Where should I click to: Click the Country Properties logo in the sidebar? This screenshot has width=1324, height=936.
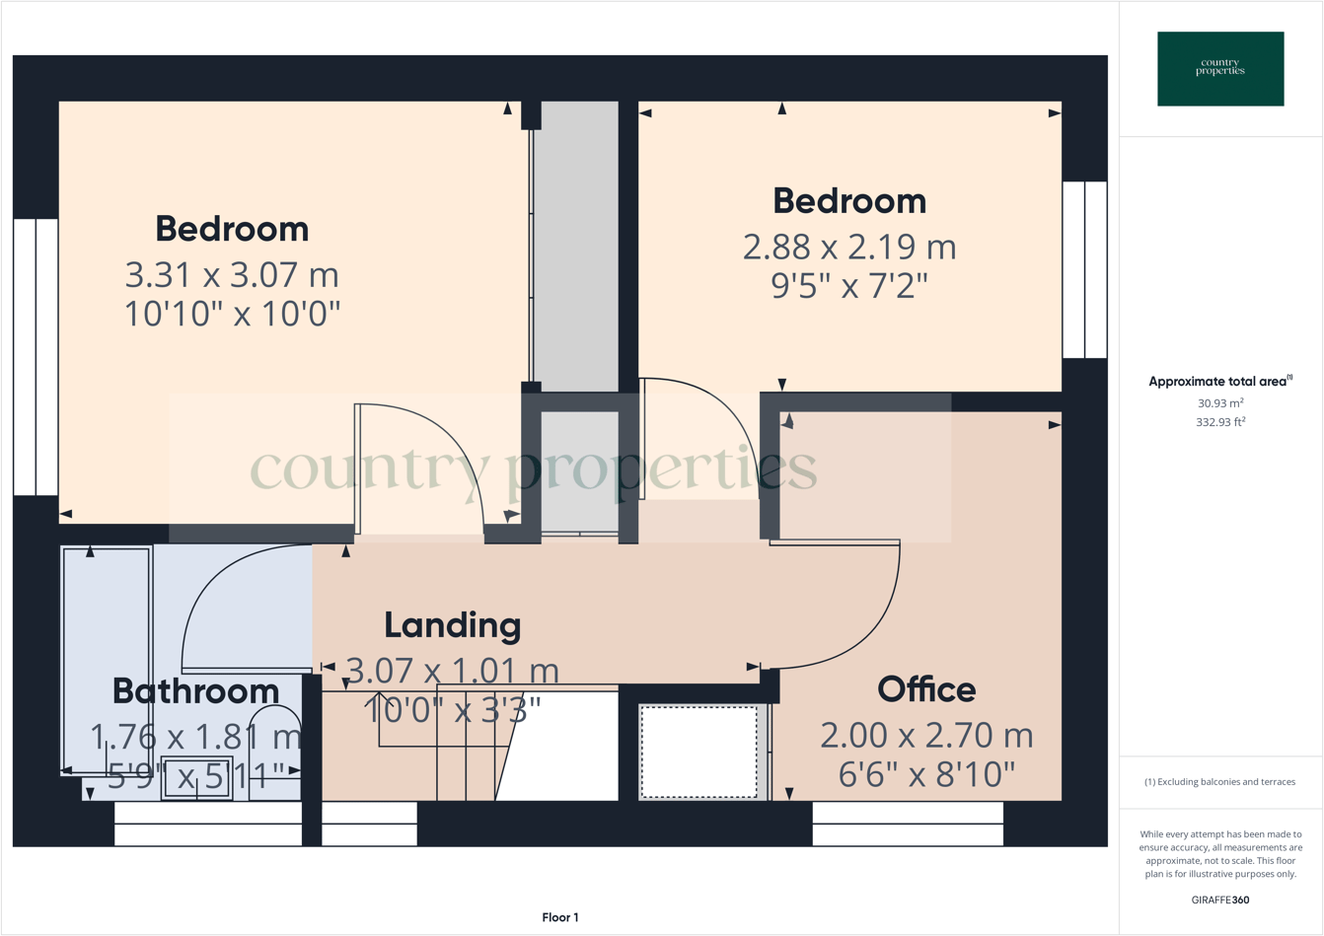(1220, 68)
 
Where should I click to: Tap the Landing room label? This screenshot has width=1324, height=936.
(452, 625)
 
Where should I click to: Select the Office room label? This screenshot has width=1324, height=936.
(926, 689)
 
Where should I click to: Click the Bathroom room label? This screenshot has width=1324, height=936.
(195, 691)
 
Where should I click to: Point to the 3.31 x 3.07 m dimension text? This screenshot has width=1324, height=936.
(232, 273)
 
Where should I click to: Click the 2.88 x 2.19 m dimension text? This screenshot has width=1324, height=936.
(848, 246)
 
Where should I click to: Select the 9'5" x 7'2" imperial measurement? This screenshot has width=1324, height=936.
(848, 286)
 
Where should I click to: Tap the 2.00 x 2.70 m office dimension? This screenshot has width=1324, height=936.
(926, 735)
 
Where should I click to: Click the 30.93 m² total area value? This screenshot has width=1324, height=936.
(1219, 403)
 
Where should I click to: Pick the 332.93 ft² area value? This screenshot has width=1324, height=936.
(1219, 422)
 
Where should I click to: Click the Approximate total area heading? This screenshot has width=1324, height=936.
(1219, 382)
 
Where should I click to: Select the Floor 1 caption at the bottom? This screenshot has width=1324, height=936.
(559, 917)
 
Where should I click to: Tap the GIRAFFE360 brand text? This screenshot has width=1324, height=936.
(1219, 900)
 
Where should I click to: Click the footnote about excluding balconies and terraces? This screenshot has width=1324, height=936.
(1219, 782)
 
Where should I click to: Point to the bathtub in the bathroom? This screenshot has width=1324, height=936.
(107, 661)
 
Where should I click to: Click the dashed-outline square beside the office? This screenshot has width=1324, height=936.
(699, 751)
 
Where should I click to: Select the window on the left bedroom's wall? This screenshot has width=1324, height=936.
(36, 356)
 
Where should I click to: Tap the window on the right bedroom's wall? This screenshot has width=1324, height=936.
(1084, 269)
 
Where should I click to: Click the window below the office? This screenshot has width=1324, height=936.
(908, 824)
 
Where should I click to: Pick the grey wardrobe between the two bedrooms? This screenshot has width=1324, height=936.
(575, 247)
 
